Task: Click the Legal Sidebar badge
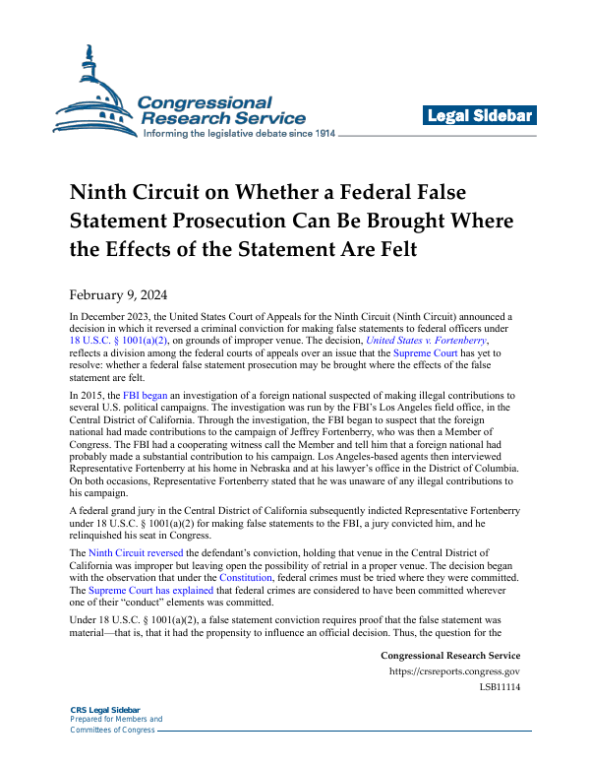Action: tap(481, 116)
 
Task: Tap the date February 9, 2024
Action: tap(118, 293)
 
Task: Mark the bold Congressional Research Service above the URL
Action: tap(449, 656)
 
